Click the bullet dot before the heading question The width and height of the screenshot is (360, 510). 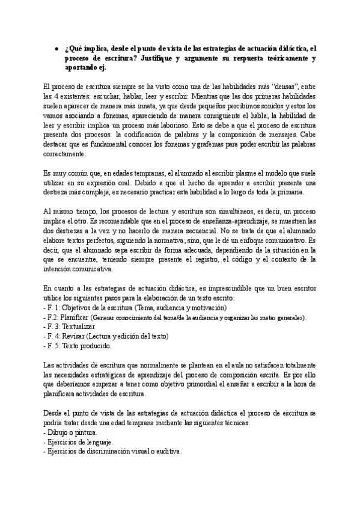pos(56,51)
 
